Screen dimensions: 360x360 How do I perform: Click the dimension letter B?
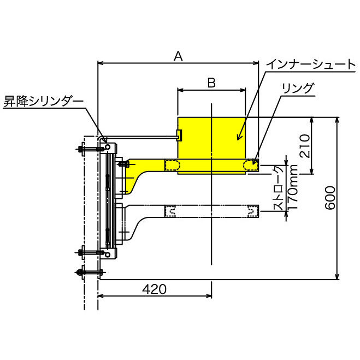[x=212, y=83]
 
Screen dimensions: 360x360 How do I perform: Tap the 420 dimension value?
[x=154, y=289]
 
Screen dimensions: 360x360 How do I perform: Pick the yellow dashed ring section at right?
[x=252, y=165]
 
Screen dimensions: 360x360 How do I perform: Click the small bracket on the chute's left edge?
[x=179, y=134]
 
